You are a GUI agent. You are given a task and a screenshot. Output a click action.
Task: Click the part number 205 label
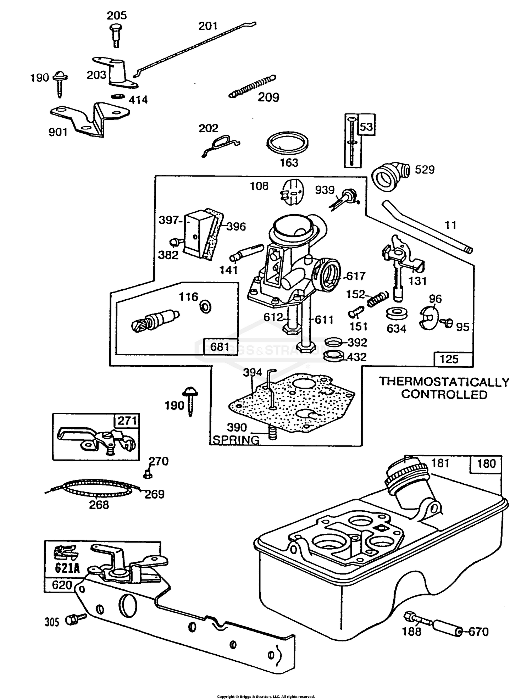coord(117,16)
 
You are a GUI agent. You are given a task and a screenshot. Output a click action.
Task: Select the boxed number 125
coord(449,359)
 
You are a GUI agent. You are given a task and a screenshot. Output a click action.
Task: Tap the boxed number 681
coord(220,346)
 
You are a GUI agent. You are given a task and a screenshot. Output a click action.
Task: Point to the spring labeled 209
coord(252,86)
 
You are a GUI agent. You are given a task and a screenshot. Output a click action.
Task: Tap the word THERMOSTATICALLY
coord(444,382)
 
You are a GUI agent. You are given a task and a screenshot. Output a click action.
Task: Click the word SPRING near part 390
coord(236,440)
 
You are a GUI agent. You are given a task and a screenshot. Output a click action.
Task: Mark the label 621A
coord(67,568)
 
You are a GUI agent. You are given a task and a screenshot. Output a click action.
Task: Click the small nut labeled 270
coord(148,474)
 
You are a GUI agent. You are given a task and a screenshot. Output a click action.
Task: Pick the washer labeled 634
coord(396,314)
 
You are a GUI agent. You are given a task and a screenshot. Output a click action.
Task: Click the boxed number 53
coord(366,127)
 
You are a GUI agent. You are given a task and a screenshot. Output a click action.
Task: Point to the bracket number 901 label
coord(58,132)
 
